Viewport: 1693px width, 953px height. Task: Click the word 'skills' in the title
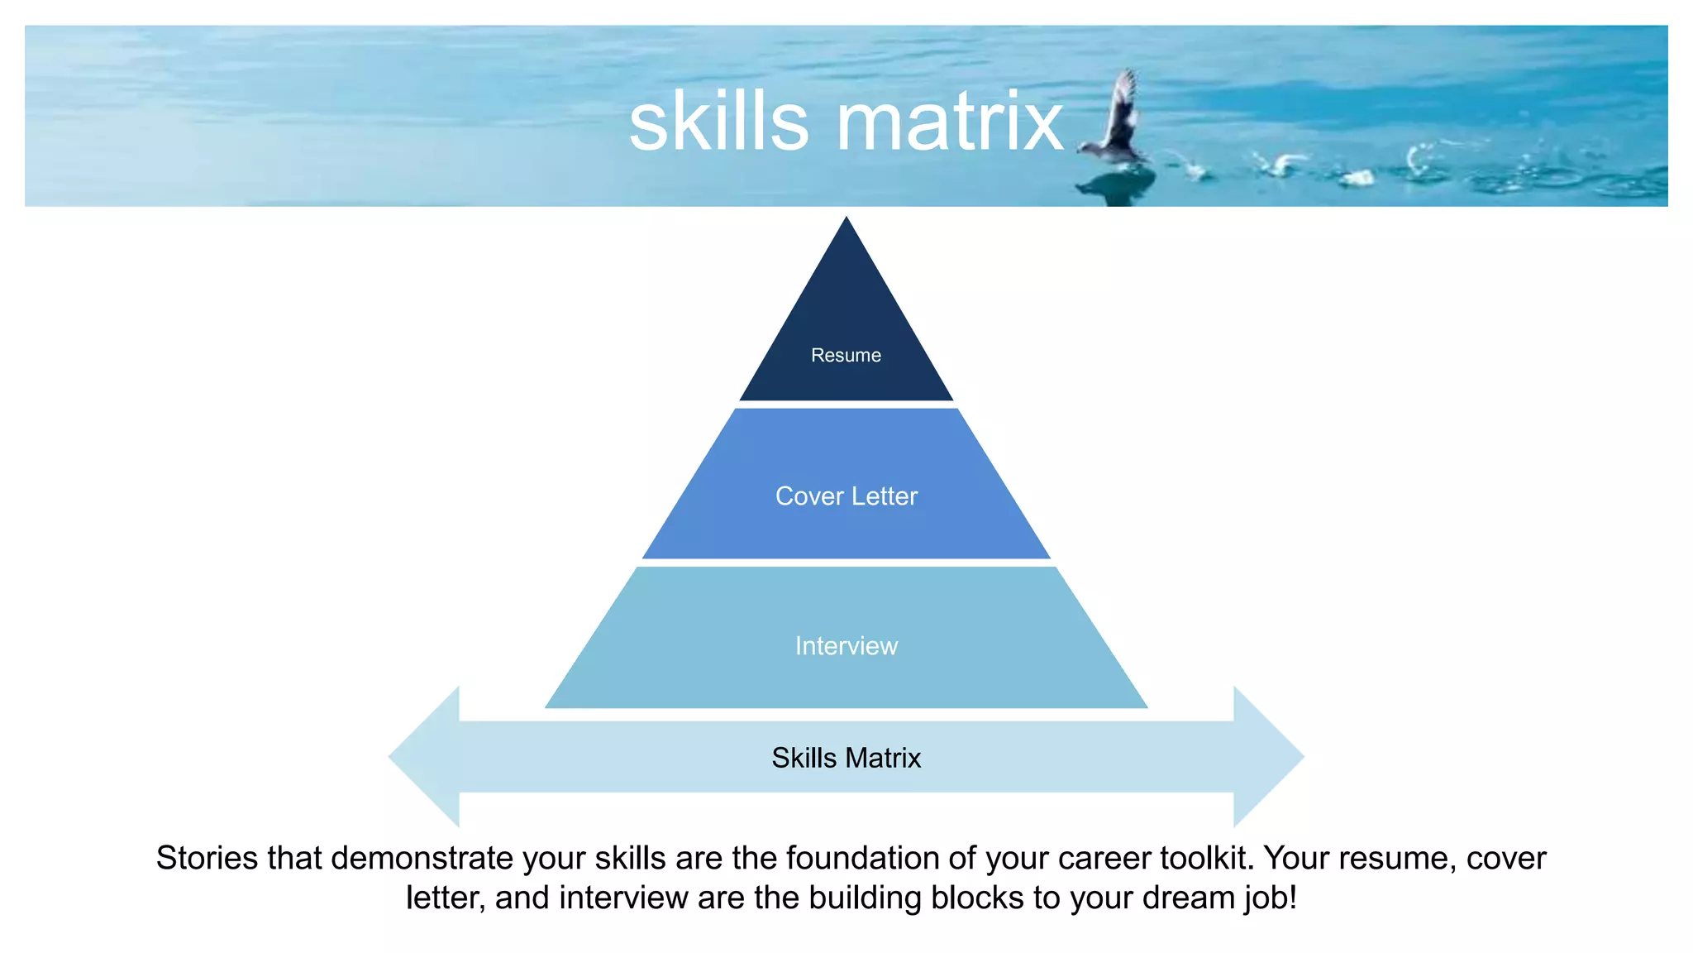point(718,122)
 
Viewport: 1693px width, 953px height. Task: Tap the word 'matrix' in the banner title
point(950,122)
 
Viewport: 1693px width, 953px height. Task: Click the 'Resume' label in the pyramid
point(846,355)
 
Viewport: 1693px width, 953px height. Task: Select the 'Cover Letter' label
point(846,496)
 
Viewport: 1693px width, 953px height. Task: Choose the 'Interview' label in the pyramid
point(846,645)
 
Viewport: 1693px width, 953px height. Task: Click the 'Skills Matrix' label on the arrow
point(846,758)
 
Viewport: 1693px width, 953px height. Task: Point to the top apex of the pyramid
point(846,222)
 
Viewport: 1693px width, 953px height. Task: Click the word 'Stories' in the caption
point(207,859)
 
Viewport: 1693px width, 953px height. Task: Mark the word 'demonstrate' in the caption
point(422,859)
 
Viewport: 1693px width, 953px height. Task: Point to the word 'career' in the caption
point(1104,859)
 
